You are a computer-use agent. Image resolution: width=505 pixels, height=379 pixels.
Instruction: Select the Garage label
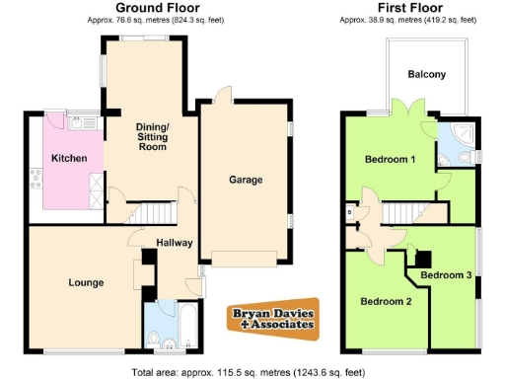[x=246, y=181]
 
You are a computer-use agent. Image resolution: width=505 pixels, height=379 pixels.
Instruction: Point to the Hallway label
[x=174, y=243]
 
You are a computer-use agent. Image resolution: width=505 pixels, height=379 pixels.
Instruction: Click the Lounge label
[x=86, y=283]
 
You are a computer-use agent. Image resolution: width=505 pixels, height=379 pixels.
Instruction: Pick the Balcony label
[x=426, y=75]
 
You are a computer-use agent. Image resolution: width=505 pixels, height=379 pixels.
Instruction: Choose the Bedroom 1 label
[x=390, y=159]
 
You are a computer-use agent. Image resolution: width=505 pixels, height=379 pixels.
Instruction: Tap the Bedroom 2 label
[x=385, y=301]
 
